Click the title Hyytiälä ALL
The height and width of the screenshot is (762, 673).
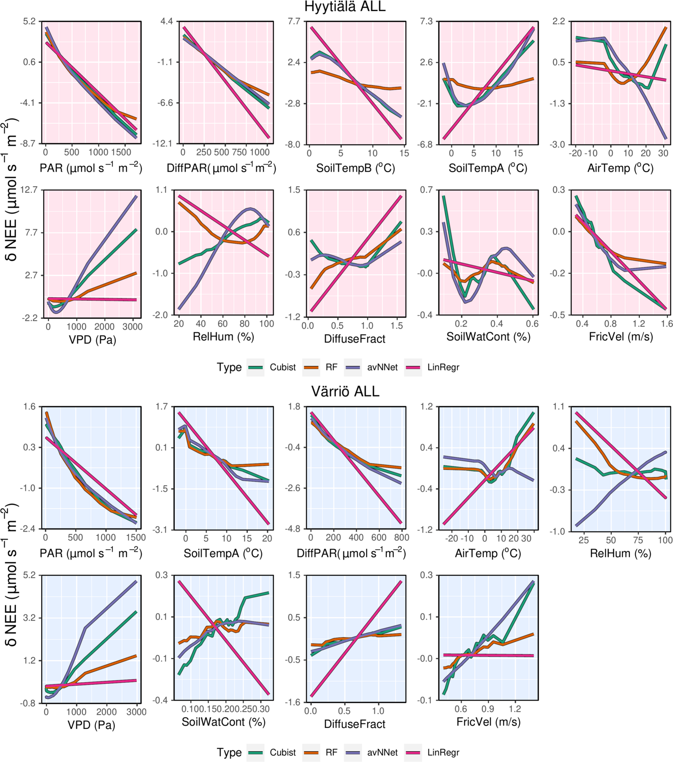[345, 7]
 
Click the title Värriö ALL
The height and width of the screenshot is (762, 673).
[345, 392]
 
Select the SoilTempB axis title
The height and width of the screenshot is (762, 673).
[355, 168]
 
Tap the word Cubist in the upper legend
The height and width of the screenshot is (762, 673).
[283, 367]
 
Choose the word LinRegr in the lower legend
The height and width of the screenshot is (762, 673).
[443, 752]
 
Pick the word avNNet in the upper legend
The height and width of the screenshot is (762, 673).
[382, 367]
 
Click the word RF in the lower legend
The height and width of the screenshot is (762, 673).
[331, 752]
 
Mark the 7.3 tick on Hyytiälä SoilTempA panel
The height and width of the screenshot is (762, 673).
[425, 21]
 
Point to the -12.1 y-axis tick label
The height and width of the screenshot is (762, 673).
[161, 144]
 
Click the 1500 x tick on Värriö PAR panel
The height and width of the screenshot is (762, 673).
[136, 538]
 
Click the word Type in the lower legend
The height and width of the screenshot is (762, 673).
[229, 752]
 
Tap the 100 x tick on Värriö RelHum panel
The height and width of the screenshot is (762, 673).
[665, 540]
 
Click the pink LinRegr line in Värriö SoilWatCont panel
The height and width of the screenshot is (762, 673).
[224, 638]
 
